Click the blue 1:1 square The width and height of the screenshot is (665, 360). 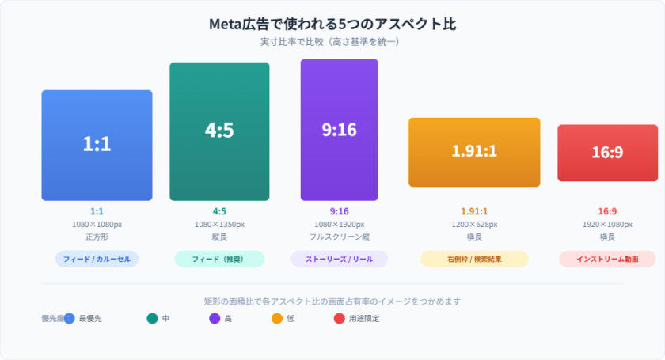click(x=97, y=145)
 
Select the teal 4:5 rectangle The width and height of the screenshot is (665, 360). click(x=219, y=131)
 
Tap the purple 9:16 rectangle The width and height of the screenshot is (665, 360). click(x=339, y=130)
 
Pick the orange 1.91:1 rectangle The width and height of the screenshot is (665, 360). click(x=474, y=152)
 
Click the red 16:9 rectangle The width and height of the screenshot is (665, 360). click(x=607, y=153)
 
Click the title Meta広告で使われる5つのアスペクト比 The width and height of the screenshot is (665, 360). click(x=332, y=24)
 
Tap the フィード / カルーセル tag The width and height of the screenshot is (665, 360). click(x=97, y=259)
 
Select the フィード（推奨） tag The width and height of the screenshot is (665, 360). click(x=219, y=259)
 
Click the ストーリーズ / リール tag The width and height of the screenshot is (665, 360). click(x=339, y=259)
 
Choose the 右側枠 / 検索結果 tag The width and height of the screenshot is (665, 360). click(x=474, y=259)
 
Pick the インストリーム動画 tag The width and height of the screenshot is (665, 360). click(x=607, y=259)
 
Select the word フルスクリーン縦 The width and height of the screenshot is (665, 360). click(x=339, y=237)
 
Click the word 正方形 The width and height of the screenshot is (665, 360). click(x=97, y=237)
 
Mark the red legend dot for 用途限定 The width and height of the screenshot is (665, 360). click(x=339, y=319)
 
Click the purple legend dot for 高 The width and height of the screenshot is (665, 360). click(x=215, y=319)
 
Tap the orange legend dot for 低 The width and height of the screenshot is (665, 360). click(x=276, y=319)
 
